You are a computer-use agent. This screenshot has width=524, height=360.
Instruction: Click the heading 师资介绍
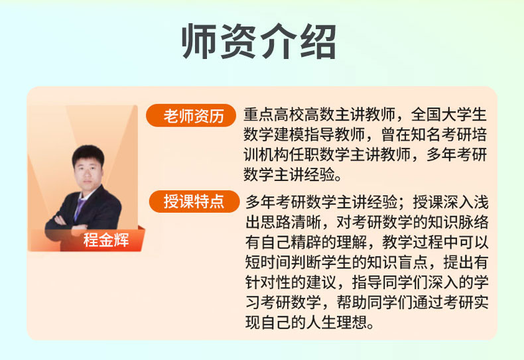(x=259, y=41)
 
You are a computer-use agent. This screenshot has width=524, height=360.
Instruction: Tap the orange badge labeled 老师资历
(x=191, y=115)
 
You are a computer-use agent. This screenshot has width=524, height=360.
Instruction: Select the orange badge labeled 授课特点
(x=194, y=202)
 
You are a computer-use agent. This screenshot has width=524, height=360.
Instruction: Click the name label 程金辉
(x=106, y=240)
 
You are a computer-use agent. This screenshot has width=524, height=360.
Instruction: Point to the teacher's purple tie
(x=80, y=208)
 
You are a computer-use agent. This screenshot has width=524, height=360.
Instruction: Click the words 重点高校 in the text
(x=274, y=115)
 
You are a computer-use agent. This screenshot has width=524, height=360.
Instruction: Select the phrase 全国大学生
(x=449, y=115)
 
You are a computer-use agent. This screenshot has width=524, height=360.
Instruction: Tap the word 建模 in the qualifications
(x=289, y=135)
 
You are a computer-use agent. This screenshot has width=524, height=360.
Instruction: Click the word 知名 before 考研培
(x=426, y=135)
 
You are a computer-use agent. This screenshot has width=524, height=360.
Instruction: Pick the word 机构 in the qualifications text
(x=274, y=154)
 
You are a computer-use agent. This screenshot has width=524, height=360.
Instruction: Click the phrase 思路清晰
(x=291, y=222)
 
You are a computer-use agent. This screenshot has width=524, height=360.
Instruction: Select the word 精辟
(x=306, y=242)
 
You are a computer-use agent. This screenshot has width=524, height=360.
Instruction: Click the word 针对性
(x=269, y=282)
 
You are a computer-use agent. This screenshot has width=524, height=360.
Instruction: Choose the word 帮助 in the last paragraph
(x=352, y=302)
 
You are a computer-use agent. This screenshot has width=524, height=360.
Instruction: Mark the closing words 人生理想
(x=337, y=322)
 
